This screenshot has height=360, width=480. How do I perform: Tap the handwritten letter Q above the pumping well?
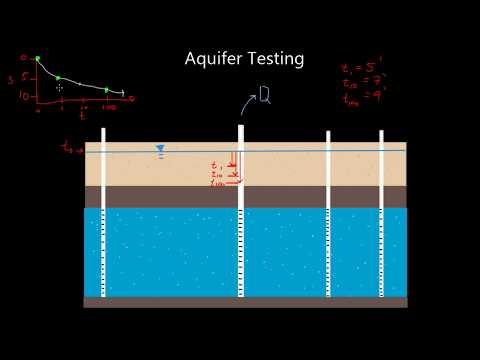265,95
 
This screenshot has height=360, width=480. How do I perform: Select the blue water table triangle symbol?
159,149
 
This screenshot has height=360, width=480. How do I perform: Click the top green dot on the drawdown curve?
37,59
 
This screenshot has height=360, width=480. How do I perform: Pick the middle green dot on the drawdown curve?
58,78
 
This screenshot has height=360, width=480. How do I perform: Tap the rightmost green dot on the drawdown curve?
106,90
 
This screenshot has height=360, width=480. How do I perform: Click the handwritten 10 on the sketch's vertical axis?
23,96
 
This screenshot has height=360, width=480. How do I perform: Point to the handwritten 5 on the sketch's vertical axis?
26,78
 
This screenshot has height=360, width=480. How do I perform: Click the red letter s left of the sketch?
9,79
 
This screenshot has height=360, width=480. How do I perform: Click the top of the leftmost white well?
103,130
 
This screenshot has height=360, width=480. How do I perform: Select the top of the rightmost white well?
381,133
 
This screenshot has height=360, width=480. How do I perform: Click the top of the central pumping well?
240,128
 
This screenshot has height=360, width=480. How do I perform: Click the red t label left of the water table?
68,148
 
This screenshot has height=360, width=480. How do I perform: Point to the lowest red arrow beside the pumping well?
229,183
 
